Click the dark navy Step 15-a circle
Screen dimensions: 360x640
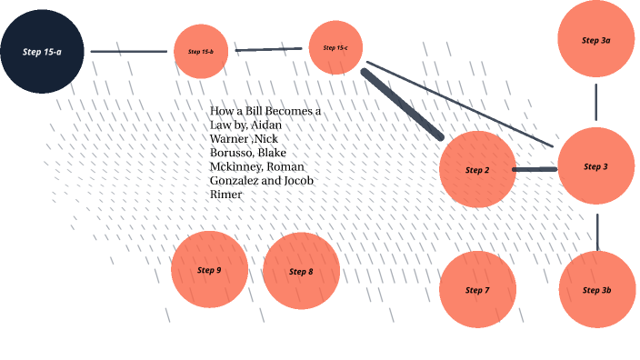(x=43, y=51)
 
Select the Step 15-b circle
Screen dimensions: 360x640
(x=201, y=51)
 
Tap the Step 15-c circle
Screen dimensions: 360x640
(x=335, y=47)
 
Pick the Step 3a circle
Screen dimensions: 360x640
(x=595, y=40)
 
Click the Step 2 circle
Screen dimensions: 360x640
(x=477, y=170)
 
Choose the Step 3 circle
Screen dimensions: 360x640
(x=595, y=166)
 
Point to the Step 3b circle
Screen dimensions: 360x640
(x=595, y=289)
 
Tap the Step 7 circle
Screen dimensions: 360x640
(x=477, y=290)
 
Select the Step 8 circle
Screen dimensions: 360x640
(x=301, y=271)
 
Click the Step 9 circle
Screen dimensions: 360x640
(x=209, y=270)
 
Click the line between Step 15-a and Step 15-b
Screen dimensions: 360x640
(x=131, y=52)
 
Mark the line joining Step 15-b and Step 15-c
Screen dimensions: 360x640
(x=268, y=49)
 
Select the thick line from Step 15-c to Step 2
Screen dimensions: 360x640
(x=402, y=104)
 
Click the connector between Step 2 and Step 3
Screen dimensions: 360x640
(x=535, y=169)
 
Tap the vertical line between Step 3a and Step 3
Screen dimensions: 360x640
(x=595, y=102)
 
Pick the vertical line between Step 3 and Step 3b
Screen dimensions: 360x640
(x=596, y=231)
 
